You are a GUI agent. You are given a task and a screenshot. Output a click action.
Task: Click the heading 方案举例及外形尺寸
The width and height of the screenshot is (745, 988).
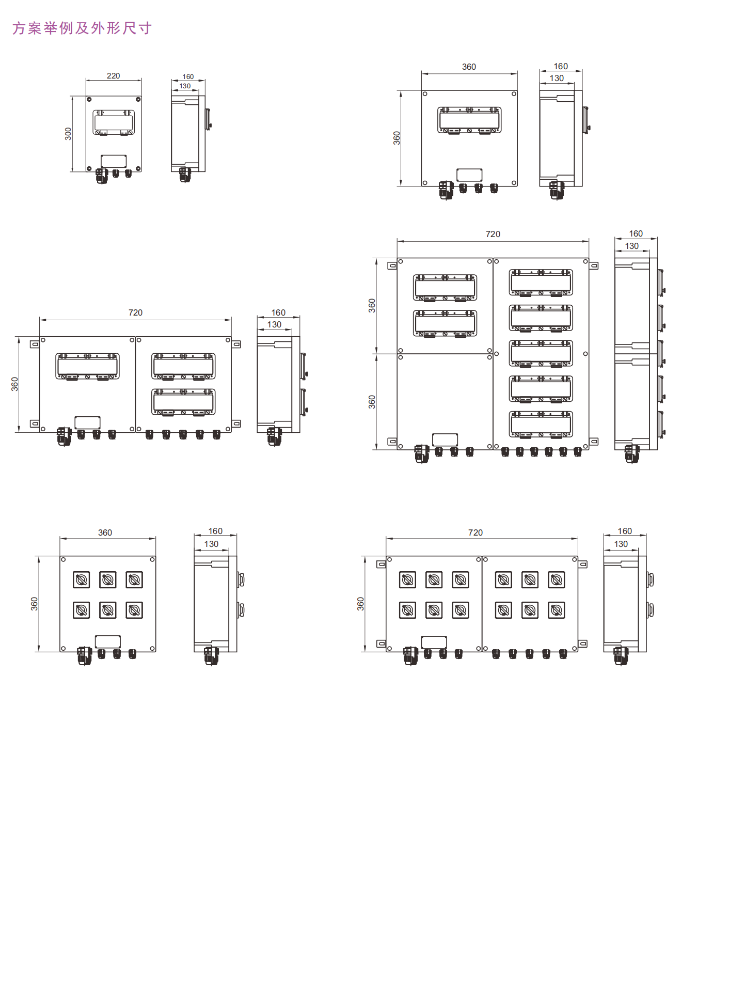click(82, 28)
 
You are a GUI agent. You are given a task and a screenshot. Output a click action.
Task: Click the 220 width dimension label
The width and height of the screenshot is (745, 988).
click(113, 76)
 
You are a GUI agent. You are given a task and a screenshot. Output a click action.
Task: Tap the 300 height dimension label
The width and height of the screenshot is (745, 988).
click(68, 134)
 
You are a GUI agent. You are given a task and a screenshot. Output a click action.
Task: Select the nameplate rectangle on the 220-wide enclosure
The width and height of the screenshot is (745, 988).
click(114, 161)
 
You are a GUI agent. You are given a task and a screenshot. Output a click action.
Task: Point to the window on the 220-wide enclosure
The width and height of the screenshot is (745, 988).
click(114, 122)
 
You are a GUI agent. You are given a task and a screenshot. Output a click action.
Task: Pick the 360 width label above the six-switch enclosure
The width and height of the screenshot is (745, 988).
click(105, 532)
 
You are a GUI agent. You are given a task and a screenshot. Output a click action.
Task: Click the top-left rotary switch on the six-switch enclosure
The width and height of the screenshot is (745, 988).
click(81, 580)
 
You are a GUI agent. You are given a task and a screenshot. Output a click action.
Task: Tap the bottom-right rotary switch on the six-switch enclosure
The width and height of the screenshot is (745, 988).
click(134, 610)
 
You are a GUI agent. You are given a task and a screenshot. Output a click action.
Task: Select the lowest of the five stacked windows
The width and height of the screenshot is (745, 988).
click(541, 424)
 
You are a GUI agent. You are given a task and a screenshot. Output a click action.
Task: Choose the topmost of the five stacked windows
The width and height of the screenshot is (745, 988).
click(541, 282)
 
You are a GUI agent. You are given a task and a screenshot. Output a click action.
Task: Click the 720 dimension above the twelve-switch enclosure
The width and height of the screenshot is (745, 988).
click(475, 532)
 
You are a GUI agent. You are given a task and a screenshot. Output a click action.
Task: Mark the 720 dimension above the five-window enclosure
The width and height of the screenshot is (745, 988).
click(493, 234)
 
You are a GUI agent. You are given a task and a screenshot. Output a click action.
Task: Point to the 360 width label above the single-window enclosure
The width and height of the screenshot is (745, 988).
click(469, 67)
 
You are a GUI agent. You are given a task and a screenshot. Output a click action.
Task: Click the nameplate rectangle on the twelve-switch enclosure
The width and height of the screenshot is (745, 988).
click(434, 642)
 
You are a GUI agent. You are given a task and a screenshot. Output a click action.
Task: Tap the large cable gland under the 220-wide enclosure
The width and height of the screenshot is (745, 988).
click(101, 176)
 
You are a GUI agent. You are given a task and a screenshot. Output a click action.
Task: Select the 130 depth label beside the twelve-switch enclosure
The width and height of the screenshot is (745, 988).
click(621, 544)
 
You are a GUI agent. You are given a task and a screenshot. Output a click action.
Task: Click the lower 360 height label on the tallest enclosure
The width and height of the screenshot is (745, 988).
click(372, 402)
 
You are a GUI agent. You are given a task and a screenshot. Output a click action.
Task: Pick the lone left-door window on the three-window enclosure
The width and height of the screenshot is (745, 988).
click(87, 366)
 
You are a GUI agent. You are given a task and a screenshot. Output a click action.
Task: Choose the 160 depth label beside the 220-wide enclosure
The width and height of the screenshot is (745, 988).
click(188, 76)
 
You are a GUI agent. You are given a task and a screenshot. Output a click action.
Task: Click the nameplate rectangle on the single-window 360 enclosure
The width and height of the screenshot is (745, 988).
click(469, 175)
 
